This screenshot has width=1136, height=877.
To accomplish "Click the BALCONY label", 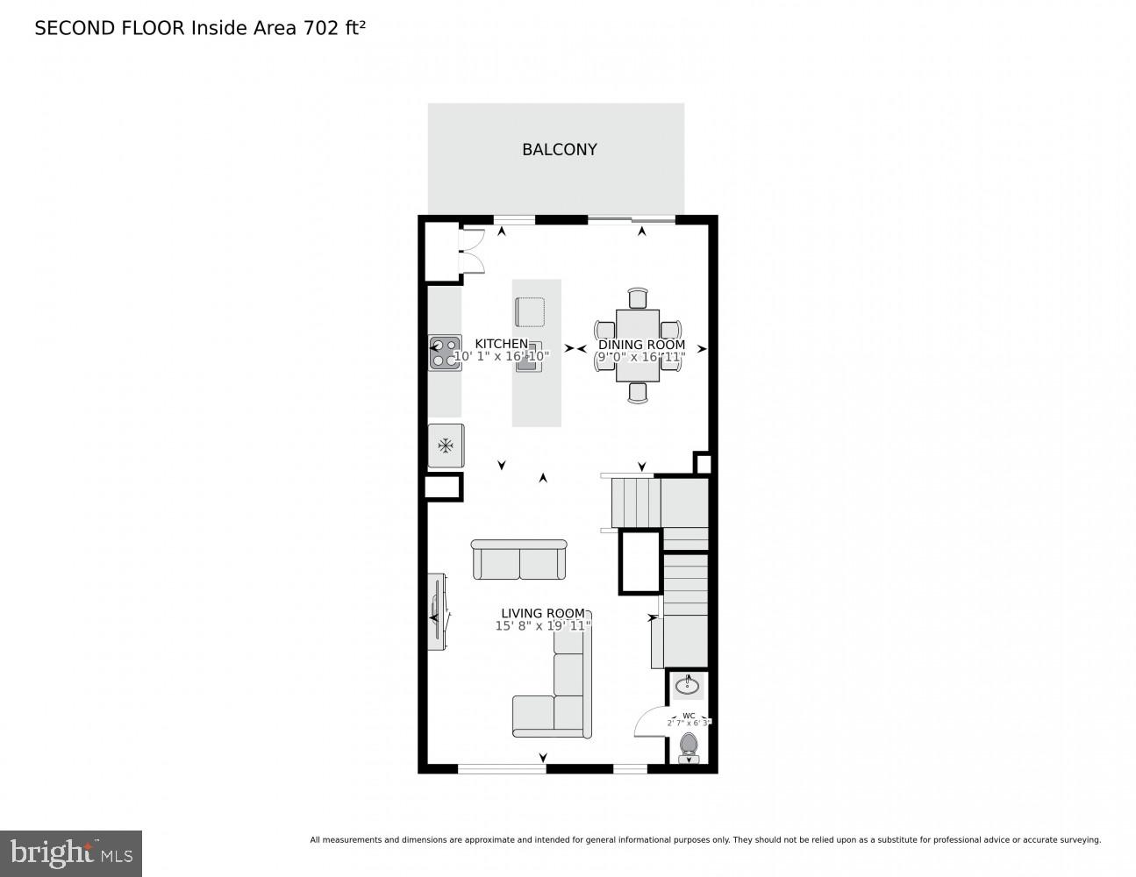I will tap(559, 150).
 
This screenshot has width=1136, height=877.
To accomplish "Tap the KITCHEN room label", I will tap(502, 344).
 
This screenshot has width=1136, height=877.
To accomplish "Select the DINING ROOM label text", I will tap(641, 345).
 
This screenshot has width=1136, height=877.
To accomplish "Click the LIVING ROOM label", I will tap(542, 613).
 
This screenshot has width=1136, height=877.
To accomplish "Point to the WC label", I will tap(689, 715).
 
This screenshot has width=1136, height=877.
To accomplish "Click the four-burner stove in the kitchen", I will tap(445, 353).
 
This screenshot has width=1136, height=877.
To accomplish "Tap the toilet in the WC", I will tap(689, 747).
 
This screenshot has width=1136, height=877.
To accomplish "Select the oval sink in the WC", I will tap(689, 684).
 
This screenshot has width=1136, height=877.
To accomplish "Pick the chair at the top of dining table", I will tap(638, 298).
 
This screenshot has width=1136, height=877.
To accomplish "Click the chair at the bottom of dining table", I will tap(638, 393).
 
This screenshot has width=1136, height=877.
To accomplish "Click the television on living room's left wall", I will tap(437, 611).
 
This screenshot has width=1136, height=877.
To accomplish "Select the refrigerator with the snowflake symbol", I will tap(446, 446).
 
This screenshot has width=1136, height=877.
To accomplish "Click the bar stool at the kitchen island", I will tap(530, 312).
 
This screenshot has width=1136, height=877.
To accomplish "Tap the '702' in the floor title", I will tap(319, 28).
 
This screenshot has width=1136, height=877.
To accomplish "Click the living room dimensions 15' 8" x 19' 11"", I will tap(542, 626).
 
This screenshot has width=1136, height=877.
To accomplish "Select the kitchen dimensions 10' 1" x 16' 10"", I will tap(501, 357).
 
